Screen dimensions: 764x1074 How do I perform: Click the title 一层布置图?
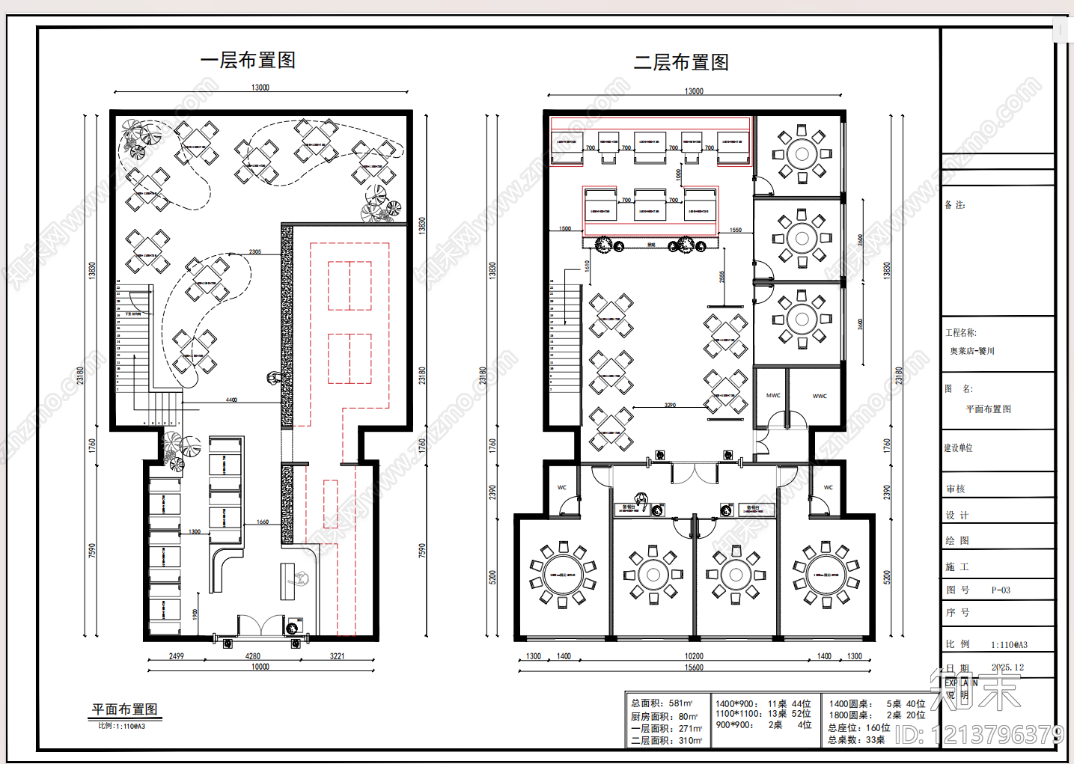(x=248, y=61)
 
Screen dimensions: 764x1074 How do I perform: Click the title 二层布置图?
(x=681, y=63)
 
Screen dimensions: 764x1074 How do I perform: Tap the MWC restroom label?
(x=773, y=395)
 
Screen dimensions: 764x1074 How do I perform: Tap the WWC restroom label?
(x=820, y=396)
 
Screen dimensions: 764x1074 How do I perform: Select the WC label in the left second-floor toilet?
(x=562, y=487)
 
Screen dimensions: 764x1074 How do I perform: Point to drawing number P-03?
(x=1001, y=590)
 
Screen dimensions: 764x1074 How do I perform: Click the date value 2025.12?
(x=1007, y=667)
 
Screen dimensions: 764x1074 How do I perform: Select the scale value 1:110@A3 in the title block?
(x=1009, y=644)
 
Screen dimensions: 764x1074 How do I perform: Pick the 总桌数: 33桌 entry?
(x=856, y=740)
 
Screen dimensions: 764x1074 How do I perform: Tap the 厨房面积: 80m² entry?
(x=664, y=716)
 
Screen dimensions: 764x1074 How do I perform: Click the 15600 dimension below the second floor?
(x=694, y=667)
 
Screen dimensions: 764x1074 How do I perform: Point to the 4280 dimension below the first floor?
(x=253, y=656)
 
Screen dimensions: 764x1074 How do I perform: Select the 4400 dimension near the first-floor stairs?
(x=231, y=400)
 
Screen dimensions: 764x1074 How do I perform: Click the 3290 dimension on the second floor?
(x=670, y=405)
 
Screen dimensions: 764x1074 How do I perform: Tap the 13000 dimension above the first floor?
(x=260, y=88)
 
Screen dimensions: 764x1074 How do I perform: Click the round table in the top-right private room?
(x=802, y=154)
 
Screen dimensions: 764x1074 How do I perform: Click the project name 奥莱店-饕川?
(x=972, y=351)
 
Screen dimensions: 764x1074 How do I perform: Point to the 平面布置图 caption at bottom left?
(x=124, y=709)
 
